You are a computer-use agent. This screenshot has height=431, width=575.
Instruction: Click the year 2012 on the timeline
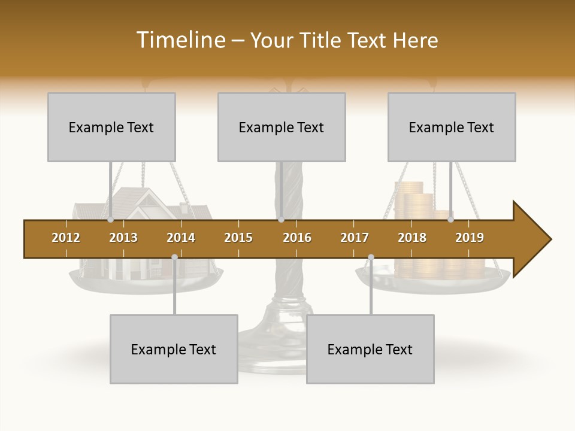(x=66, y=238)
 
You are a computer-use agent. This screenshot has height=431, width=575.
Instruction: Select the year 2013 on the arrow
(x=123, y=238)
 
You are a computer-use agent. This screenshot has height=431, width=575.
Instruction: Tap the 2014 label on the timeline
(x=181, y=238)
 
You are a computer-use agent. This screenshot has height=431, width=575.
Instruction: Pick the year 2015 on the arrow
(x=238, y=238)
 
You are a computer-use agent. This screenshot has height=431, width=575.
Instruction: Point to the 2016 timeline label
(x=297, y=238)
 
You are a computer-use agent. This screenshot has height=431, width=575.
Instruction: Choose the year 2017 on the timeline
(x=355, y=238)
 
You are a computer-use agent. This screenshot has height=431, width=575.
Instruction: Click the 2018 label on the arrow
(x=412, y=238)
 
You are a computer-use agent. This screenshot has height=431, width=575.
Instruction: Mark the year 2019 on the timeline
(x=470, y=238)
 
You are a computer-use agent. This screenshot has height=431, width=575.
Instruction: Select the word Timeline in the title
(x=180, y=40)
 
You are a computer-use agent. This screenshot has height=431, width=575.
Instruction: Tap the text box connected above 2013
(x=111, y=127)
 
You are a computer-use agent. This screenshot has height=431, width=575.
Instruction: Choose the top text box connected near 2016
(x=282, y=127)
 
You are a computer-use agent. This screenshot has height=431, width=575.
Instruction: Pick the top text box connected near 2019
(x=452, y=127)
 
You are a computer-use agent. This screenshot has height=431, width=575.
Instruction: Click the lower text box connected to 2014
(x=174, y=349)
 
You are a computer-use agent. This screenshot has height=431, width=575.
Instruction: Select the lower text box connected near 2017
(x=370, y=349)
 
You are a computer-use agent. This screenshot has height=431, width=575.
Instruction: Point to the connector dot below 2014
(x=174, y=257)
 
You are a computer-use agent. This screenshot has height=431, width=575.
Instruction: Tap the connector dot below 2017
(x=371, y=257)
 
